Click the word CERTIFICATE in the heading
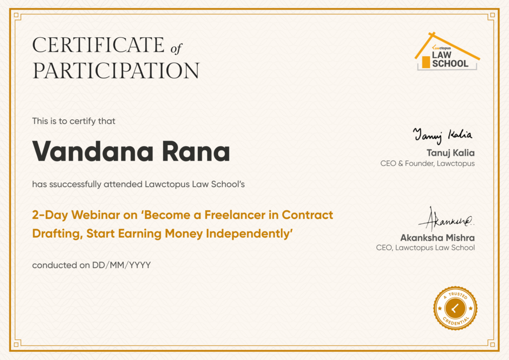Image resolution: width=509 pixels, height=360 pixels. click(x=98, y=45)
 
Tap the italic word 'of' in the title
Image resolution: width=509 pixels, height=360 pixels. click(x=176, y=48)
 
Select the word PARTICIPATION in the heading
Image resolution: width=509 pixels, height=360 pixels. click(x=116, y=71)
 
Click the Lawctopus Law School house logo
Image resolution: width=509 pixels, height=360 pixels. click(x=447, y=51)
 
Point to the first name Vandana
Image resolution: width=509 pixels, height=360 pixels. click(x=93, y=151)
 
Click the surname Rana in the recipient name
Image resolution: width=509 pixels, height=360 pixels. click(x=196, y=151)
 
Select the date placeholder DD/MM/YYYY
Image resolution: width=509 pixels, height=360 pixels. click(x=121, y=265)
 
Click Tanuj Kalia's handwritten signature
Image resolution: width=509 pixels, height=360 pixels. click(x=443, y=135)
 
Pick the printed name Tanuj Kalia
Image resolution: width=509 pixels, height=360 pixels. click(x=450, y=153)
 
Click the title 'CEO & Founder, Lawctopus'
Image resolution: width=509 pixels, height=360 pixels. click(x=427, y=163)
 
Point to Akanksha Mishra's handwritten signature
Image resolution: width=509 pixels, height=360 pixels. click(x=446, y=219)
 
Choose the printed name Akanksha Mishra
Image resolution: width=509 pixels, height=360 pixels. click(x=437, y=238)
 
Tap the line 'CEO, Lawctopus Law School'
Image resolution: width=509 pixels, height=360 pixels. click(x=425, y=248)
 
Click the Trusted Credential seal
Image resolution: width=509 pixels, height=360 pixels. click(x=455, y=308)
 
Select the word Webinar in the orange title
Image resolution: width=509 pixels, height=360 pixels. click(x=96, y=215)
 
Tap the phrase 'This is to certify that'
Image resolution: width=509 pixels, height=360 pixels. click(x=74, y=121)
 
